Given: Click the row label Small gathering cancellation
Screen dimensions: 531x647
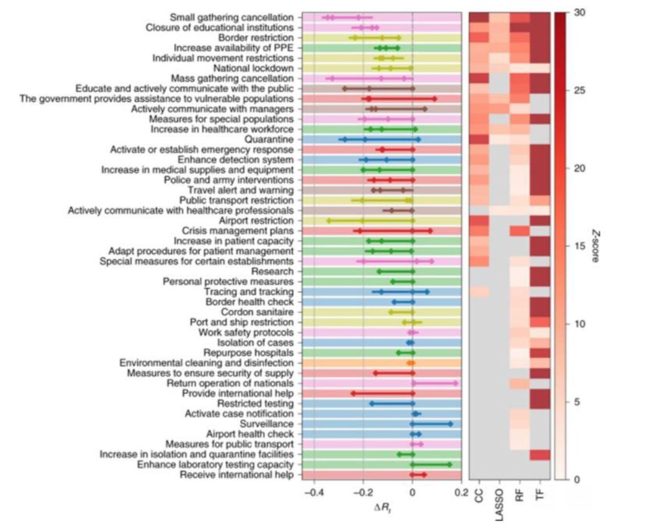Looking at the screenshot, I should [223, 17].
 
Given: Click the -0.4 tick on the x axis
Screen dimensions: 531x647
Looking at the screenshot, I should [313, 492].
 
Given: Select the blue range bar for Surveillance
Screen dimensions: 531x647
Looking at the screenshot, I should [431, 424].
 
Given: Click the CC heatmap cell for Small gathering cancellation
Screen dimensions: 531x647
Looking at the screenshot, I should [479, 17].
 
